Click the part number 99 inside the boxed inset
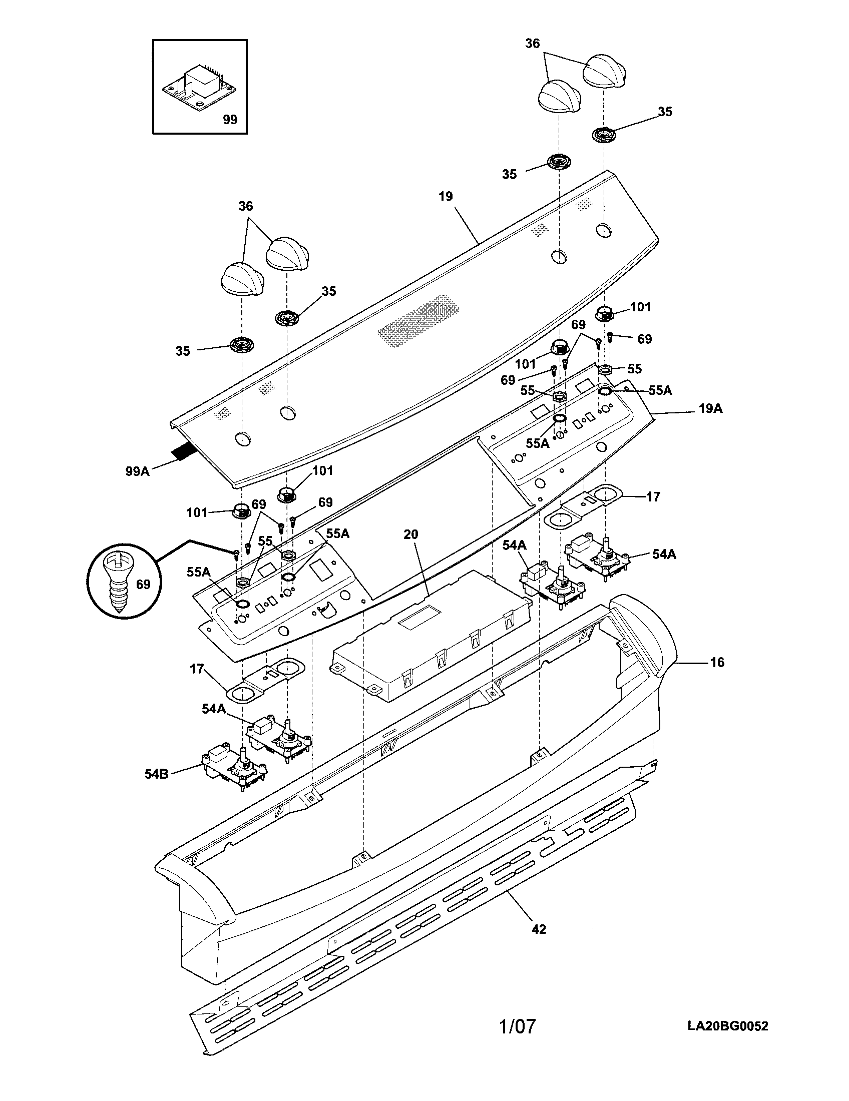click(x=230, y=120)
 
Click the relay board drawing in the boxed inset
click(x=200, y=85)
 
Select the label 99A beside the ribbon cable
click(x=138, y=471)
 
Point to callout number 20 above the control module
click(x=411, y=534)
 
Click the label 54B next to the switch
click(x=156, y=774)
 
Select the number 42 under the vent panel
click(x=539, y=928)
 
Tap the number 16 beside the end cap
click(x=717, y=662)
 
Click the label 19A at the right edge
click(x=710, y=409)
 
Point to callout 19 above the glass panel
click(x=446, y=196)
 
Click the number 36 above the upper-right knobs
click(x=533, y=44)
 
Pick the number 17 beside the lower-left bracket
click(x=197, y=669)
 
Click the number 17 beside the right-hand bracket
click(x=653, y=496)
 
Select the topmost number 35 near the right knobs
click(x=665, y=112)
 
